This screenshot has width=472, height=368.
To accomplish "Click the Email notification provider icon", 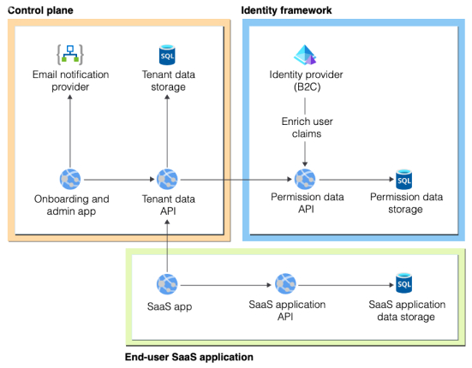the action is (70, 55).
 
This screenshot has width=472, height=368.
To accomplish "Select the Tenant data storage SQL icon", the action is (167, 55).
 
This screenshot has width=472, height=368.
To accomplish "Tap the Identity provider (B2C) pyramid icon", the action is (305, 55).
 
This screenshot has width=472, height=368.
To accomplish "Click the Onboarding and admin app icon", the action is (70, 179).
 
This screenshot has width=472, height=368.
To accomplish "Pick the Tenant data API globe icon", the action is (167, 179).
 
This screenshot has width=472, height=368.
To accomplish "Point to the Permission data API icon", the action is (305, 179).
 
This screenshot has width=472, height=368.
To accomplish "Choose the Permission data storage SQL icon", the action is (403, 179).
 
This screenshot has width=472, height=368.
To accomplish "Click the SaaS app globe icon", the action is (167, 284).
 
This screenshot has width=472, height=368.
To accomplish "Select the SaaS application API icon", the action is (285, 283).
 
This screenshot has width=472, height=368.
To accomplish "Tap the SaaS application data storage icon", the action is (403, 283).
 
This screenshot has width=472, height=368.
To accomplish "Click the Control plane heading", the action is (40, 10).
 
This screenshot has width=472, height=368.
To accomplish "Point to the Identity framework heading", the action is (286, 10).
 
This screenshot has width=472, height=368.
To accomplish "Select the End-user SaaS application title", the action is (189, 357).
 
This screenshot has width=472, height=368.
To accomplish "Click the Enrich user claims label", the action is (307, 128).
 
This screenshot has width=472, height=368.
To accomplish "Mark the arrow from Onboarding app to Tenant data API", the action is (119, 180).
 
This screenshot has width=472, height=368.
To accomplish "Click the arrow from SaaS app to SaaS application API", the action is (226, 285).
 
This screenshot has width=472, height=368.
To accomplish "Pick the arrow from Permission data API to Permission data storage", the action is (356, 180).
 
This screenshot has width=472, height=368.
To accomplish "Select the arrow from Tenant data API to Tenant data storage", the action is (167, 131).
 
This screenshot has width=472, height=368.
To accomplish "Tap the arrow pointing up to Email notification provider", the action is (70, 131).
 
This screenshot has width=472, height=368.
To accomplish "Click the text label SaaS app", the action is (170, 306).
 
